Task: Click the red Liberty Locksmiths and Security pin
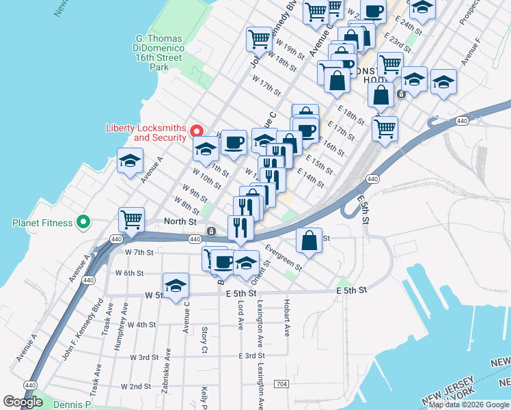point(197,131)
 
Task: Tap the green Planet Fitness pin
point(83,222)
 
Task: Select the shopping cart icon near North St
point(131,219)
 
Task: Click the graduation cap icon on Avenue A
point(130,161)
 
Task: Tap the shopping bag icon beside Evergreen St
point(309,240)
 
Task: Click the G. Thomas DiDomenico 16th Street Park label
point(158,52)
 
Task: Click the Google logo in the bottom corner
point(23,401)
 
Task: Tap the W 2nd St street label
point(135,386)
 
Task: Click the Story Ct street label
point(204,340)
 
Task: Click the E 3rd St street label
point(251,356)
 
